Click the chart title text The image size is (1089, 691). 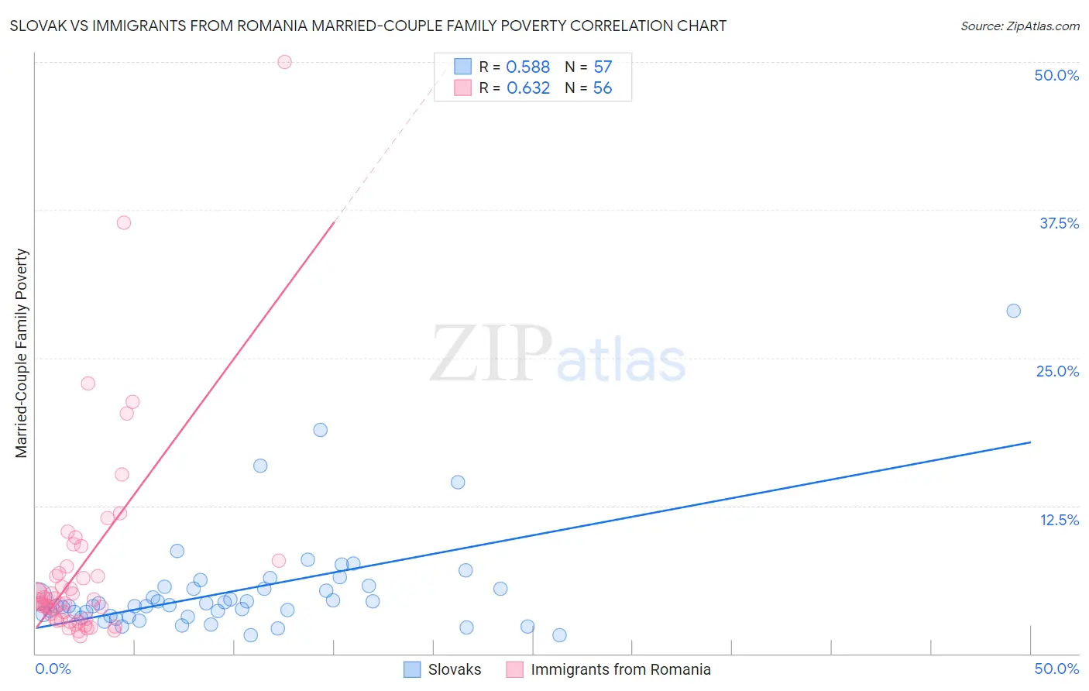368,26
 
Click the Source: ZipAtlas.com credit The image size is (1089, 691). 1019,26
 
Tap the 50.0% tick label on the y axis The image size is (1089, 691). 1056,75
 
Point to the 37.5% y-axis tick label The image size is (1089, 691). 1059,223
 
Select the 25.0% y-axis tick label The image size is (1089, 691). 1057,371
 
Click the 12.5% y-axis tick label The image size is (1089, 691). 1059,520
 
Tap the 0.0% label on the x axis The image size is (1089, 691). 53,669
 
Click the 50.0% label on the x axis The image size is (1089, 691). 1056,669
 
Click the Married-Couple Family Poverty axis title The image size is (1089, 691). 22,353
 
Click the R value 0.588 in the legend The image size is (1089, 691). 527,67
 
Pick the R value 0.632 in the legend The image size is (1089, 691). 527,88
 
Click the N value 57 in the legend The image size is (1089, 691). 603,67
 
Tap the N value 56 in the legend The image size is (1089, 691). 603,88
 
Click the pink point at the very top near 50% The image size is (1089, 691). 284,62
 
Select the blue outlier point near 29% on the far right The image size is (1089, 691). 1013,311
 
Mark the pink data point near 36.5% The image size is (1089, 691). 124,222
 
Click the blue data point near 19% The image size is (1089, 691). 320,430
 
